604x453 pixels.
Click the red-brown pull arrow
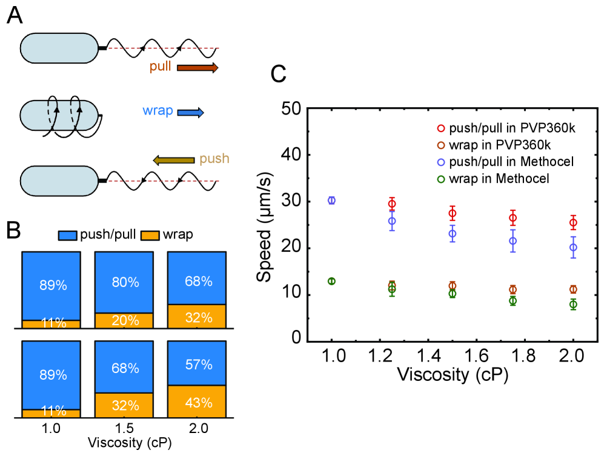coord(197,68)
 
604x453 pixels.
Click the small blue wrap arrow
coord(190,112)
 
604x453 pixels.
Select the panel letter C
coord(279,74)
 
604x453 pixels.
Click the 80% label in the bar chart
coord(124,282)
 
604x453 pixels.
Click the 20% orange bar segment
coord(124,322)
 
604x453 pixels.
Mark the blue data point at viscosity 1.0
coord(331,200)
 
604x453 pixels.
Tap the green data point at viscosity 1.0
coord(331,281)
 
